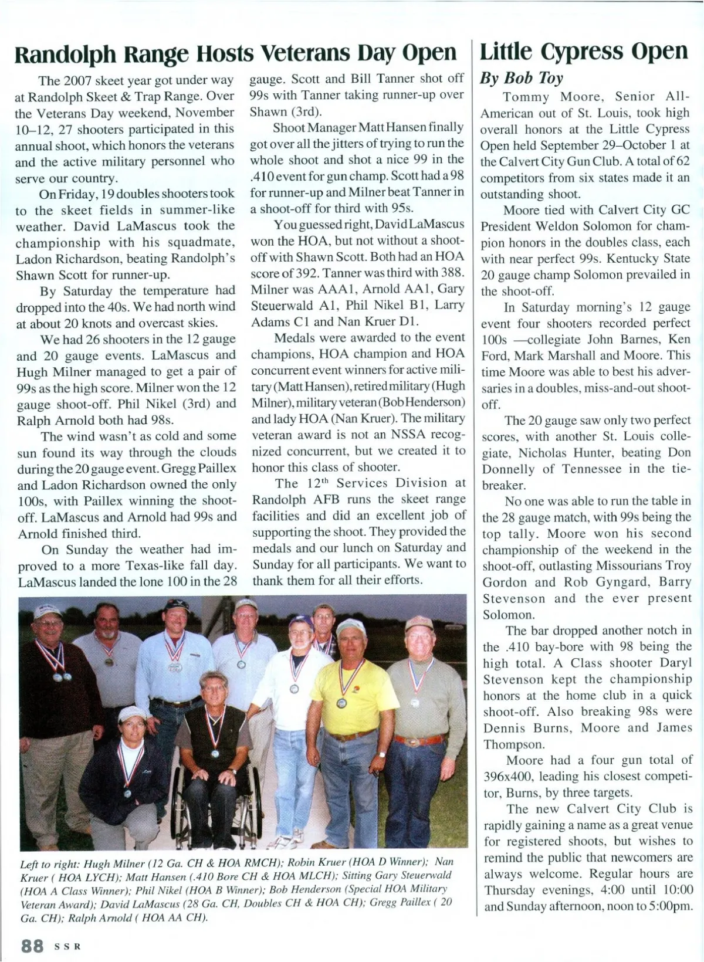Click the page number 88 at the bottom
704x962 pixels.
point(32,945)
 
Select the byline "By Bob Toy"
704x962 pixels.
point(522,78)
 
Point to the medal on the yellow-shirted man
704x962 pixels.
point(340,702)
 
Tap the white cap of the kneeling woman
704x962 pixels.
point(131,714)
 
